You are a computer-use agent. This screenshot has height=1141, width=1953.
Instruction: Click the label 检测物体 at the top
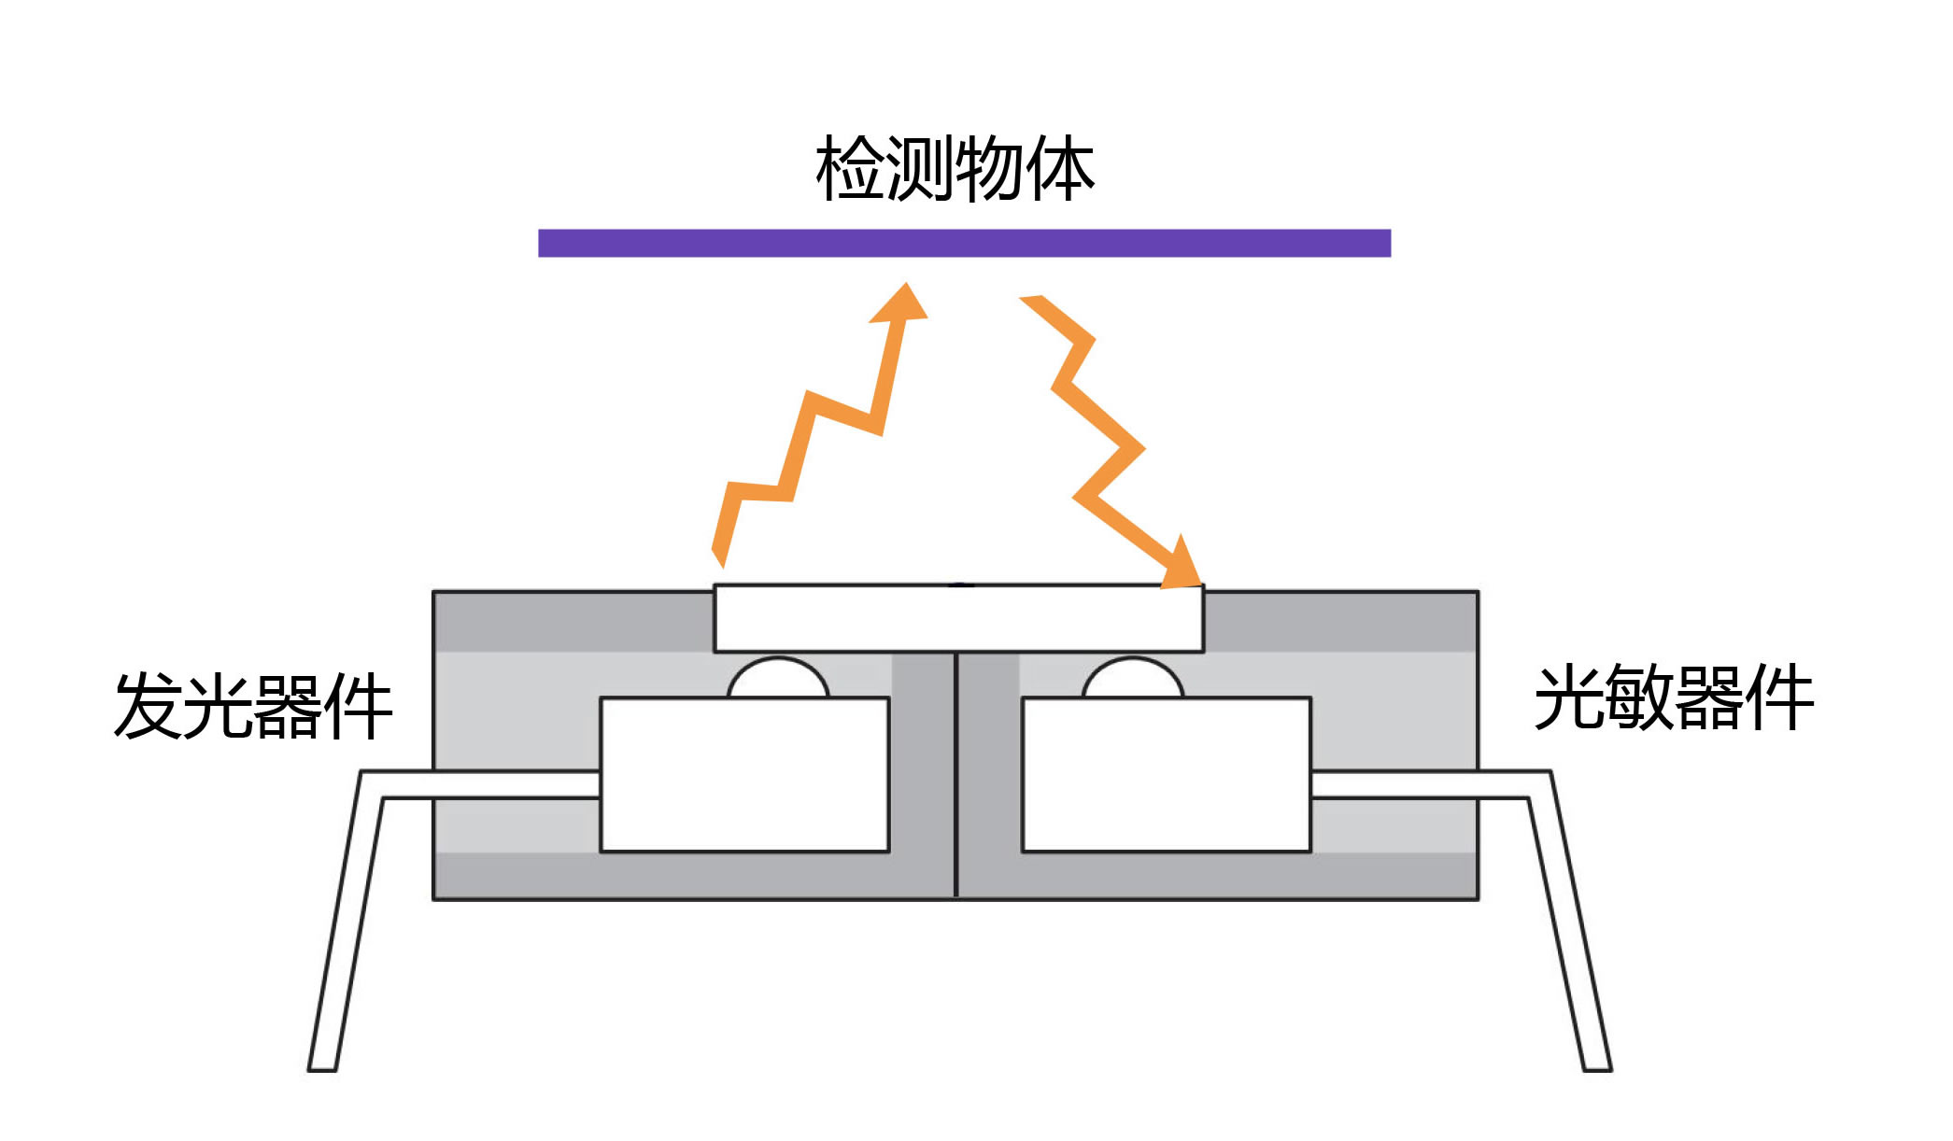click(x=955, y=169)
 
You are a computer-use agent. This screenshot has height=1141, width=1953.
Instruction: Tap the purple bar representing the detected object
click(x=964, y=243)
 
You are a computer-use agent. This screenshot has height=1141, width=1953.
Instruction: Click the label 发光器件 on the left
click(x=252, y=706)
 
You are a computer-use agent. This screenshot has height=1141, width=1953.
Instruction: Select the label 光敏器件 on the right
click(x=1674, y=698)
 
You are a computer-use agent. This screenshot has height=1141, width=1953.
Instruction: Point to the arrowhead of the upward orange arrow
click(x=901, y=303)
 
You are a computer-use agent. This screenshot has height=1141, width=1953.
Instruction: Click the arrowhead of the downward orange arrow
click(x=1183, y=568)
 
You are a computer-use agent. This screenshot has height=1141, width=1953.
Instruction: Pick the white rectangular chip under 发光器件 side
click(x=744, y=775)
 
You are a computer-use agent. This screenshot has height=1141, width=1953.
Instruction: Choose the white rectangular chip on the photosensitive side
click(x=1167, y=775)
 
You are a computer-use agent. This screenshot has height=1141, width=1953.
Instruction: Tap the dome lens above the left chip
click(x=778, y=679)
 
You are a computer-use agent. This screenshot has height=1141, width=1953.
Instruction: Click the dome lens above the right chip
click(x=1133, y=679)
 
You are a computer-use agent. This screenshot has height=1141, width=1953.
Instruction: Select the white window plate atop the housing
click(x=958, y=618)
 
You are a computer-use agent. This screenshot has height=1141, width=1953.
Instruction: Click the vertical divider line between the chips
click(x=955, y=775)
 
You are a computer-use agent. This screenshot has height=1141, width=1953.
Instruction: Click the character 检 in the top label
click(x=850, y=169)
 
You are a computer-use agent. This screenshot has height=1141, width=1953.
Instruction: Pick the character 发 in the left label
click(x=148, y=706)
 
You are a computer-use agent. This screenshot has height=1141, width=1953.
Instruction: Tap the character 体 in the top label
click(x=1060, y=169)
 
